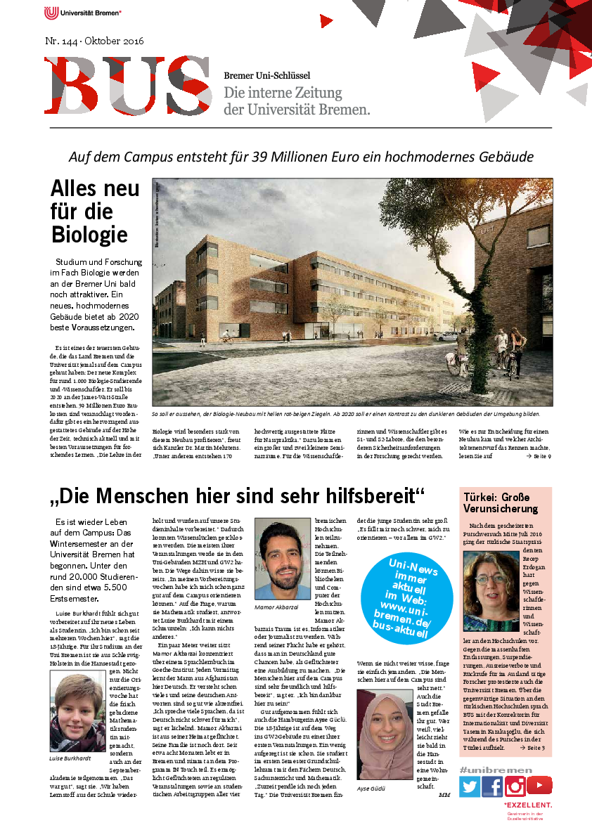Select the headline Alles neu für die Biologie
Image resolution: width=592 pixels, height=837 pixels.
[89, 212]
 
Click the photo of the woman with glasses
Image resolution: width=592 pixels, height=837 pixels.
[491, 590]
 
